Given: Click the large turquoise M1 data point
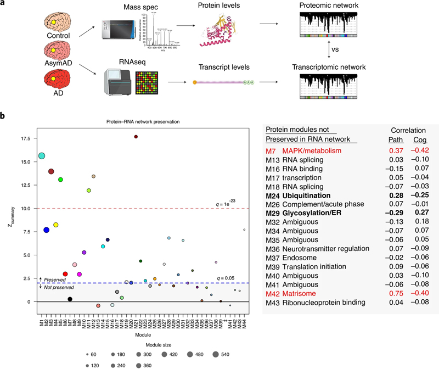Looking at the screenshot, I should [x=42, y=156].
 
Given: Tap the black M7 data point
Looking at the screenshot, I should [x=70, y=299].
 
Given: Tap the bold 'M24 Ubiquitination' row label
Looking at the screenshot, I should [x=306, y=195].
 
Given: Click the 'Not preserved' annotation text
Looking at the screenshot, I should [x=60, y=287].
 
